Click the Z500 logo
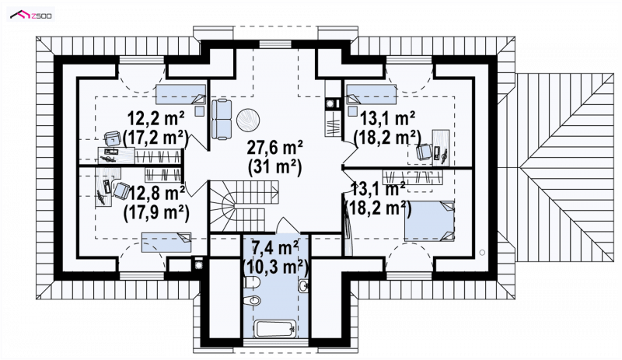(31, 16)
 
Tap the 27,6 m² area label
(275, 147)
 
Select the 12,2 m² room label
(155, 118)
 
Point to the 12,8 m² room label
(156, 194)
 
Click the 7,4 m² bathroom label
(275, 248)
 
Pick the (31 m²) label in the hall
(275, 166)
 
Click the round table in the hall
(248, 120)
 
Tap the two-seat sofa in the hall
(222, 120)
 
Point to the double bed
(429, 221)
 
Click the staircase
(243, 205)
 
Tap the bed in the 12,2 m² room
(180, 94)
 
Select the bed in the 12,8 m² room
(166, 243)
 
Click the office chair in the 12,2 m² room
(112, 138)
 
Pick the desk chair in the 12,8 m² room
(121, 190)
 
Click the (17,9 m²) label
(156, 213)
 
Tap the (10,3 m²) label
(276, 267)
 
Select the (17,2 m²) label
(155, 138)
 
